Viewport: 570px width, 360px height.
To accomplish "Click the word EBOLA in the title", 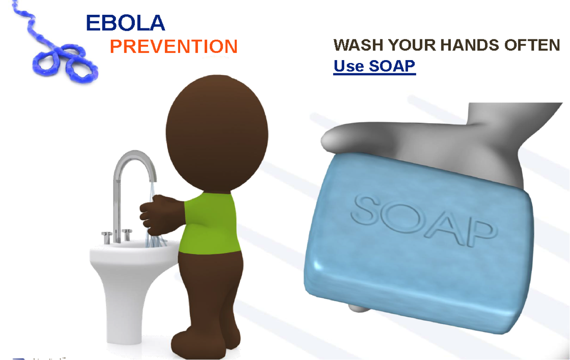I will point(125,23).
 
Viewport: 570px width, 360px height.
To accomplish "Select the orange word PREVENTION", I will point(173,46).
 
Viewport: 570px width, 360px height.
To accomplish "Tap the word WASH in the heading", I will point(359,45).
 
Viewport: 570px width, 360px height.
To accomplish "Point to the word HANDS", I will point(469,45).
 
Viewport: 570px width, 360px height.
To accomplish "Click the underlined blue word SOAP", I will point(392,66).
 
